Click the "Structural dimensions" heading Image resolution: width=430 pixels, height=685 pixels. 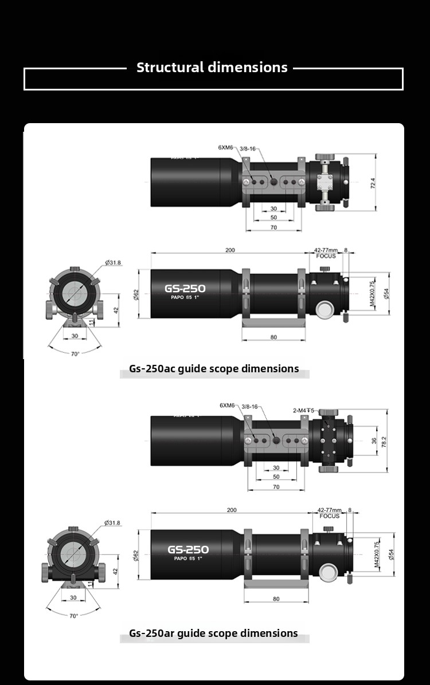coord(212,67)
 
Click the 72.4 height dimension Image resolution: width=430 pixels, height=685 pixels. coord(373,183)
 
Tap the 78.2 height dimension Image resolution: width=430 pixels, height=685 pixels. coord(384,441)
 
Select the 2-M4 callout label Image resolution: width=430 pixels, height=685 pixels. coord(304,410)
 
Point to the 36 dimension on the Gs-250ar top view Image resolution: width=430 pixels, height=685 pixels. coord(374,441)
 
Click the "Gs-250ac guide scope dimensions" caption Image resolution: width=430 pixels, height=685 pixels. coord(214,369)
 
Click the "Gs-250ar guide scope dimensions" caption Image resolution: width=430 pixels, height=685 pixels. coord(213,633)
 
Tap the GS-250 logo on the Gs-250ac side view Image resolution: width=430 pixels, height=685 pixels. coord(185,288)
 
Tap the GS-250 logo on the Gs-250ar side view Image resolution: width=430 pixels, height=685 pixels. coord(188,550)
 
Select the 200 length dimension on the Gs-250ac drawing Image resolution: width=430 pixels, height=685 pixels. coord(230,250)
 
